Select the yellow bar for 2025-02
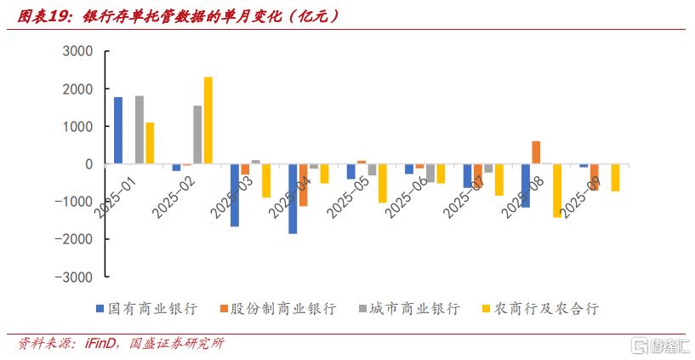208,121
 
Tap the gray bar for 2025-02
197,134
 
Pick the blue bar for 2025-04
293,198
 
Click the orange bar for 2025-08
536,152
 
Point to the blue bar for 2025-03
235,195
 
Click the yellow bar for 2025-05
383,183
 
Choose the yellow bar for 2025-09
614,177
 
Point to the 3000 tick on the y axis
77,51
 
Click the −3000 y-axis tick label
74,277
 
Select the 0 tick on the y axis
88,164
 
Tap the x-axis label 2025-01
117,193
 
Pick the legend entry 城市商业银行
414,308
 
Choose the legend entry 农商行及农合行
548,308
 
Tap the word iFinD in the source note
103,344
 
